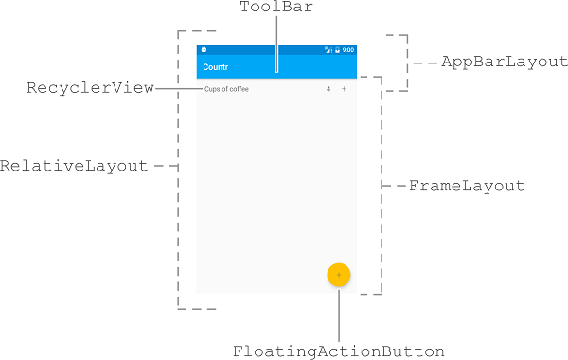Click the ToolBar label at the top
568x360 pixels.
276,9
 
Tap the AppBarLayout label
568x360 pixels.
504,63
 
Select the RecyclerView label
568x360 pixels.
90,88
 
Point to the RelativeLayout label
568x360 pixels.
74,165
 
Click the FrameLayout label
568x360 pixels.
466,186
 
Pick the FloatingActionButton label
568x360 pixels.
339,351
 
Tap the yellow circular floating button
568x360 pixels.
339,274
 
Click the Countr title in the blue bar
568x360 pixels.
216,67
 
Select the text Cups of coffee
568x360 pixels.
226,89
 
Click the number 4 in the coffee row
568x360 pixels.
328,89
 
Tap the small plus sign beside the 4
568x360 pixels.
344,89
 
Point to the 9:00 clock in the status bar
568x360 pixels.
347,49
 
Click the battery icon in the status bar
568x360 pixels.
337,49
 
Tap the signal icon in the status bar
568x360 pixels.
328,49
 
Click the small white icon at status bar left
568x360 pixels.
204,49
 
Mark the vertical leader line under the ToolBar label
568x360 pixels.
276,43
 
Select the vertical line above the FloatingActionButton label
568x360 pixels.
339,313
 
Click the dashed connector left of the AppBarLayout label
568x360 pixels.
423,63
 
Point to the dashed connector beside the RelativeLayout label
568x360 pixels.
166,165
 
